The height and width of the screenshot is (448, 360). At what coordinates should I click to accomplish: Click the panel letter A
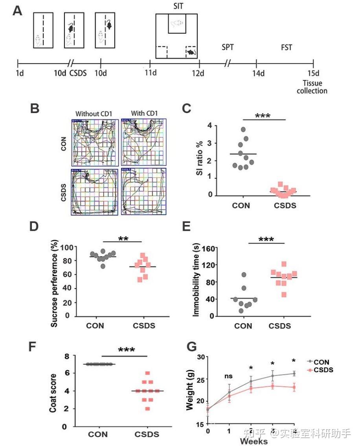click(x=17, y=11)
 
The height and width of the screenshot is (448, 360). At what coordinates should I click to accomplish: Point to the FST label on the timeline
click(x=287, y=48)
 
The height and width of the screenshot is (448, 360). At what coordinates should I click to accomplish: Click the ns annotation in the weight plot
click(x=229, y=376)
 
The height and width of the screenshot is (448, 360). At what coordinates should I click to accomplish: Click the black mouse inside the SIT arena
click(x=191, y=52)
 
